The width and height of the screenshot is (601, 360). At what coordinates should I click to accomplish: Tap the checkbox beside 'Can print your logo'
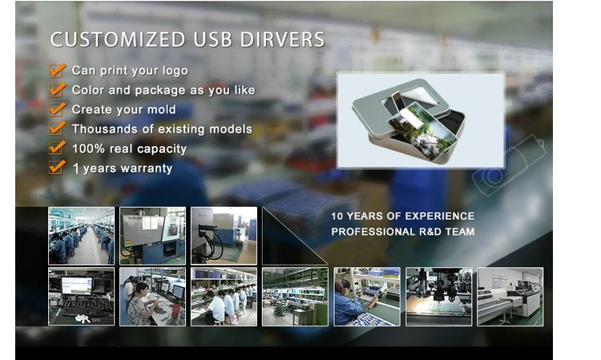pyautogui.click(x=57, y=71)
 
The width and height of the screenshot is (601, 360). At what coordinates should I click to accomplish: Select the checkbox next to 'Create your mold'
pyautogui.click(x=57, y=109)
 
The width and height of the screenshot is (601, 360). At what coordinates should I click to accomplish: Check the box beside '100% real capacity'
pyautogui.click(x=57, y=148)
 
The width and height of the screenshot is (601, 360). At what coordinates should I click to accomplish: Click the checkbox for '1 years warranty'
pyautogui.click(x=57, y=168)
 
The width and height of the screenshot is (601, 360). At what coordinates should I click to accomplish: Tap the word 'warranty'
pyautogui.click(x=147, y=168)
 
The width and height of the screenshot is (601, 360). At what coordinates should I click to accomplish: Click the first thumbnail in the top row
pyautogui.click(x=81, y=236)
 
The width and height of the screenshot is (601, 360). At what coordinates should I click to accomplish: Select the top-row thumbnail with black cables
pyautogui.click(x=224, y=236)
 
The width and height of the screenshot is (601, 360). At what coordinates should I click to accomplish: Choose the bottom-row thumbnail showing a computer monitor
pyautogui.click(x=81, y=297)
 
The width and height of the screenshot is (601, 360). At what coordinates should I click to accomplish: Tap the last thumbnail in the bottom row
pyautogui.click(x=510, y=297)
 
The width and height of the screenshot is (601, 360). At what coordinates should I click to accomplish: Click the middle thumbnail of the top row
pyautogui.click(x=152, y=236)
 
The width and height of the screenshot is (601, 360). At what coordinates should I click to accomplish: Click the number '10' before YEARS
pyautogui.click(x=338, y=216)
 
